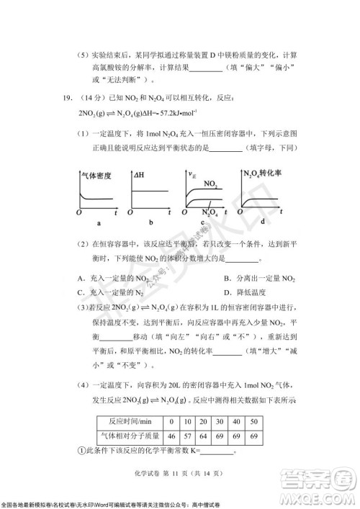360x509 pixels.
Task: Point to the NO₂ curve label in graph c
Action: click(x=211, y=185)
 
